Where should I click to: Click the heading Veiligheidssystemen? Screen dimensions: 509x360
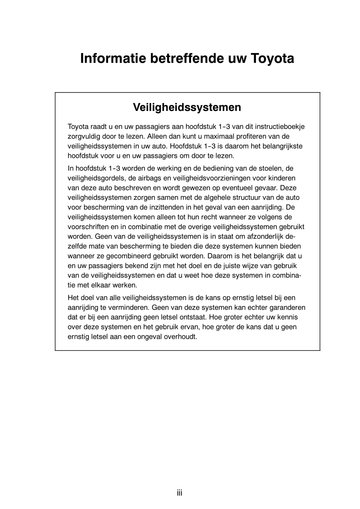[x=187, y=107]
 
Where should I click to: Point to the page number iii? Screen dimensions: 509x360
[x=180, y=493]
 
